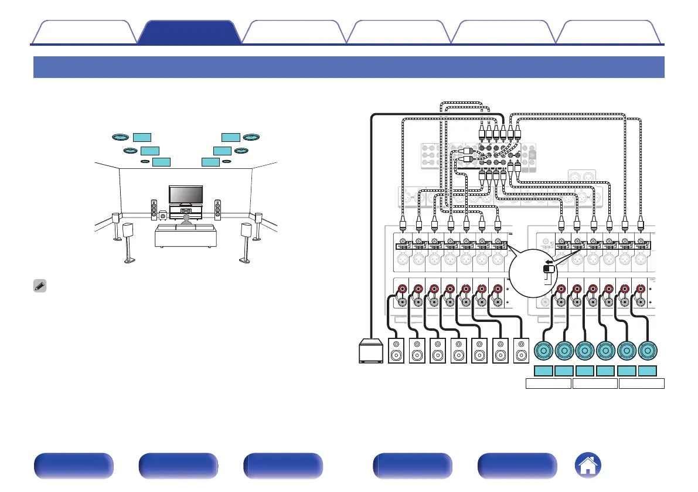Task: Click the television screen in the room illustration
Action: click(186, 194)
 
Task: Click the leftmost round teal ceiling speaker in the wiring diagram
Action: click(543, 352)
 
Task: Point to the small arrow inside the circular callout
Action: click(547, 262)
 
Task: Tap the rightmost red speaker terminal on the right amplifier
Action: click(640, 289)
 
